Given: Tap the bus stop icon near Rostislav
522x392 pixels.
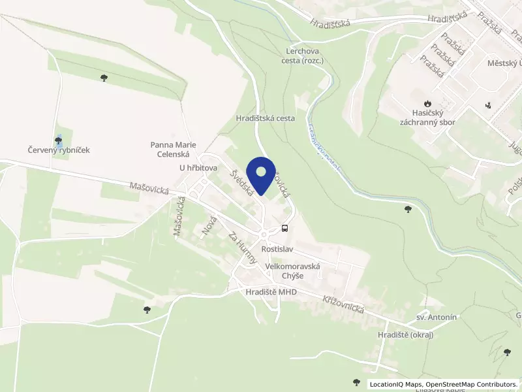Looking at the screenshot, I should [284, 228].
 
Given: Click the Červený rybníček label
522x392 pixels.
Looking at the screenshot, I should [58, 150].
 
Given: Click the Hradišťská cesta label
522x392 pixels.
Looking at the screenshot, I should [266, 119].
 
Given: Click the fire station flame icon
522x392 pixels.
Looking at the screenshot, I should [427, 103].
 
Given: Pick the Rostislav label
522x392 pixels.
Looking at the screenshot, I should [279, 250].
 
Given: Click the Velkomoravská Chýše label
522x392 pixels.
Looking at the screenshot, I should [293, 271].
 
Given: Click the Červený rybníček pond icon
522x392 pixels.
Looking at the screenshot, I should [59, 139].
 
